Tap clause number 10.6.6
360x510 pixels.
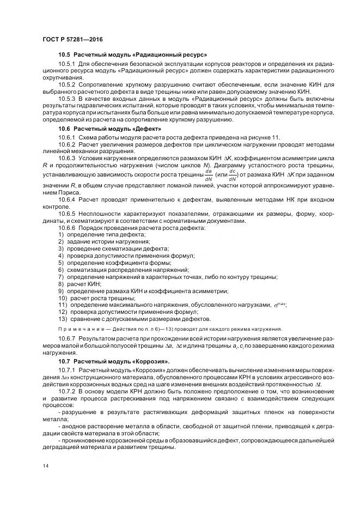click(x=67, y=227)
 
